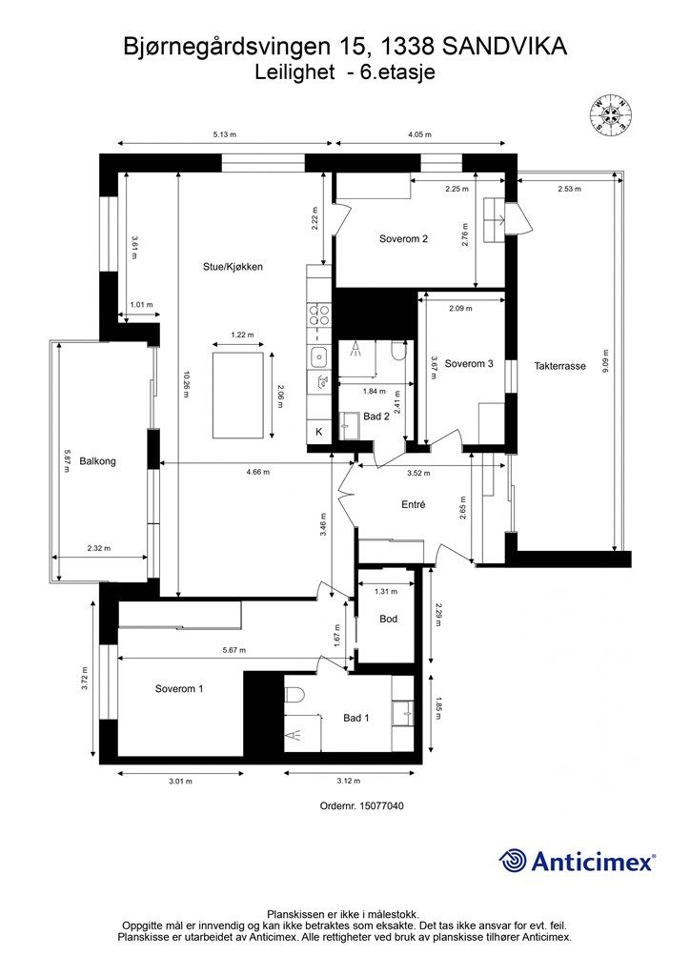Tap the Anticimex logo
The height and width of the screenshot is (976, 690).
pos(577,861)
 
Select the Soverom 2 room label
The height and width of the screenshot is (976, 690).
pos(403,239)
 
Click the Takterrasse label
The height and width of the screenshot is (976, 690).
pos(560,366)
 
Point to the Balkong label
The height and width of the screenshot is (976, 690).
pos(97,461)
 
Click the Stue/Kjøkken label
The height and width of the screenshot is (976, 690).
pos(233,267)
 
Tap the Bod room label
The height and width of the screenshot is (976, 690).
pos(388,619)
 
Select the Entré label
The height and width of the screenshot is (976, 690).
pos(413,505)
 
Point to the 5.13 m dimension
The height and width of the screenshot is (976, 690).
pos(225,134)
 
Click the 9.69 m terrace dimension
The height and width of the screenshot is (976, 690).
pos(605,361)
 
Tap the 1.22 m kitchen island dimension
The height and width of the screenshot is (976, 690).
pos(242,335)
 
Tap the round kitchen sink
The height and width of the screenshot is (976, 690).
pos(320,356)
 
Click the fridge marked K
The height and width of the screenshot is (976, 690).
pos(319,432)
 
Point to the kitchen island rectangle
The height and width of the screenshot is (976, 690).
pos(237,395)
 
